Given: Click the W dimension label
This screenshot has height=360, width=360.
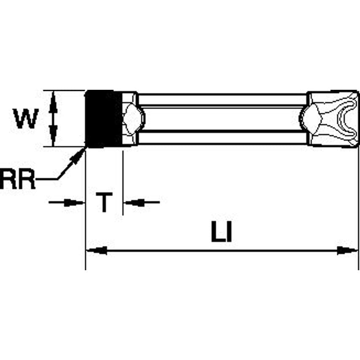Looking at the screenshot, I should coord(26,119).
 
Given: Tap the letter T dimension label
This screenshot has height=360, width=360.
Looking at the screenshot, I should coord(104,203).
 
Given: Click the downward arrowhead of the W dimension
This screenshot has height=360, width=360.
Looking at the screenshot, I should coord(53,137).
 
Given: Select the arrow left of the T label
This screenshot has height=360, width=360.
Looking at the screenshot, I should coord(74,203).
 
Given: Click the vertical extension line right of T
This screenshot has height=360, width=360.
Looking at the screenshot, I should coord(122,181).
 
